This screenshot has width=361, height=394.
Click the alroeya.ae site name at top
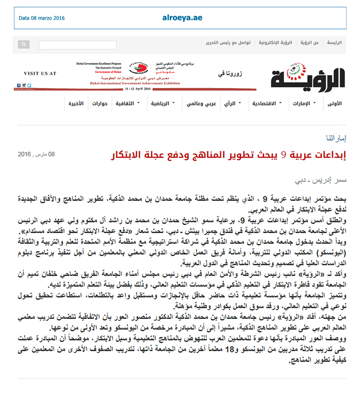coord(182,18)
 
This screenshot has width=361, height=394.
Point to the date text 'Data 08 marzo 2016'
coord(42,18)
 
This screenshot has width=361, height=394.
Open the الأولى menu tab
coord(335,104)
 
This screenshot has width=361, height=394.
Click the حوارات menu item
coord(100,104)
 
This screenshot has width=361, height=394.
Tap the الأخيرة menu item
coord(76,104)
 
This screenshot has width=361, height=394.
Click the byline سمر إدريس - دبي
coord(325,180)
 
